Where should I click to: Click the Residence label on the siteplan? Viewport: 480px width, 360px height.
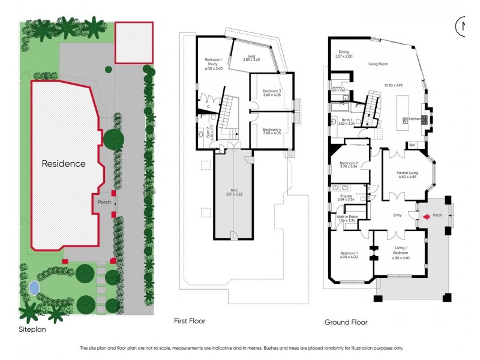[64, 163]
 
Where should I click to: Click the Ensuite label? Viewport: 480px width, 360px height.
[346, 197]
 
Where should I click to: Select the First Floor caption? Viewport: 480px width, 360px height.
[189, 321]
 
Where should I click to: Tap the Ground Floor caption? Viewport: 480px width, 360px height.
[346, 322]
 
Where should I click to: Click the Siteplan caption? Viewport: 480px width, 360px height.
[32, 329]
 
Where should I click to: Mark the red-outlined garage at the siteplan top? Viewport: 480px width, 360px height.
[134, 43]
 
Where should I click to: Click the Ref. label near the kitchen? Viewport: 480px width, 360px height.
[412, 145]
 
